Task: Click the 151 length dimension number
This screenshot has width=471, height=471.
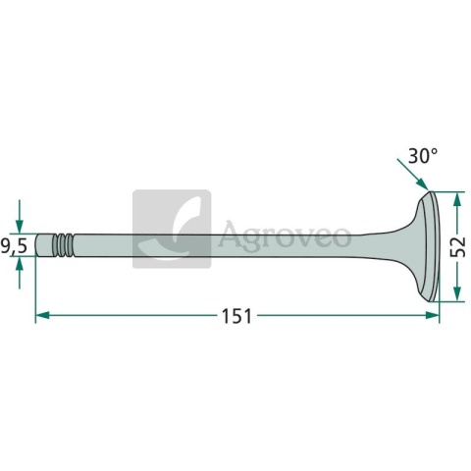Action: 236,316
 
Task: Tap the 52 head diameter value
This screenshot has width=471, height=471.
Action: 457,246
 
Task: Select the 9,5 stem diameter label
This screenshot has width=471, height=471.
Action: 14,246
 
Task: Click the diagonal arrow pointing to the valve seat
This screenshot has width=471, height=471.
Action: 412,174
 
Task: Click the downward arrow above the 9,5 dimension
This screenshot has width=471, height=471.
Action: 20,216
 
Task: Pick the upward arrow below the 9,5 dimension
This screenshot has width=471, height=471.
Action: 20,273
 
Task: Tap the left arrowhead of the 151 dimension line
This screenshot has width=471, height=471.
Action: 42,315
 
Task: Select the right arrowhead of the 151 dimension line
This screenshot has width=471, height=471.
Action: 432,315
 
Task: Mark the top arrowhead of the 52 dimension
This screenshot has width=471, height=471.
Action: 457,199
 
